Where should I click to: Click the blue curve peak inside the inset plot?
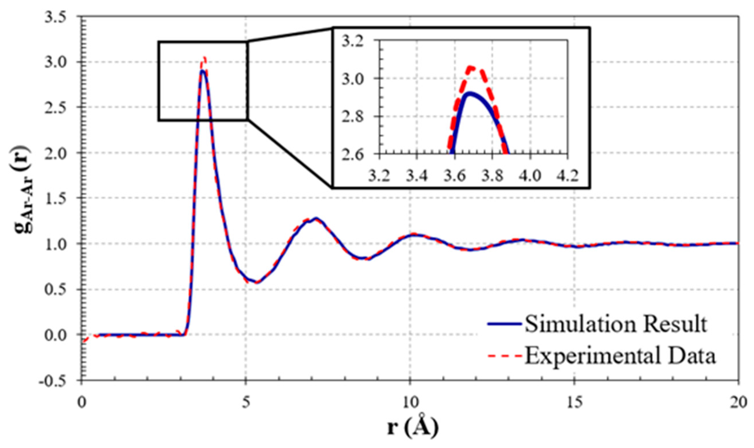[470, 93]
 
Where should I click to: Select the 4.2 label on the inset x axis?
[567, 175]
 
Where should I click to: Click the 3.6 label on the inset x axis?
[454, 175]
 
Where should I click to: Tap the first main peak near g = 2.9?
[203, 71]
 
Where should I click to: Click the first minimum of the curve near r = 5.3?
[257, 283]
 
